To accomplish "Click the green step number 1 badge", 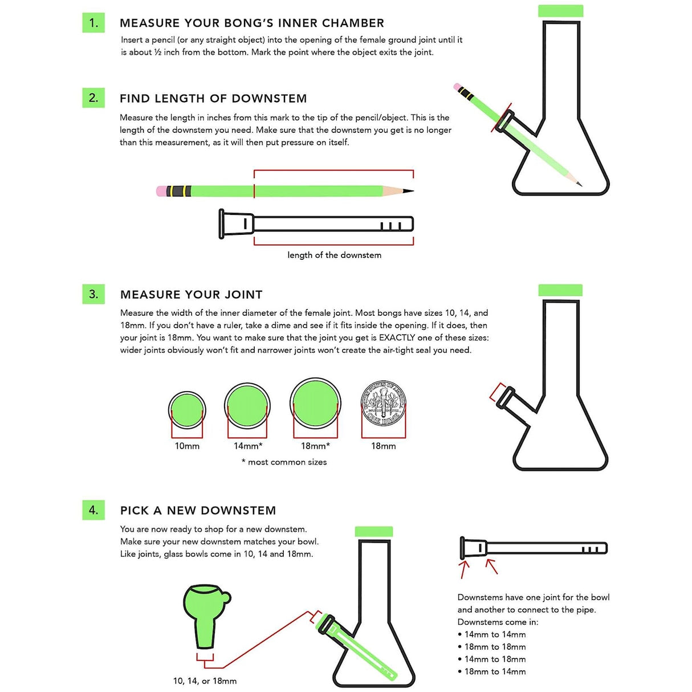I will click(93, 23).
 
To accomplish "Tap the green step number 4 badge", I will click(93, 510).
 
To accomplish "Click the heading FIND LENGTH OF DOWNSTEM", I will click(213, 99).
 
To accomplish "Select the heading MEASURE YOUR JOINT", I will click(192, 295).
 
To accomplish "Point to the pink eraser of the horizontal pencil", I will click(161, 191).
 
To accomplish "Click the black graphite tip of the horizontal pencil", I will click(408, 191).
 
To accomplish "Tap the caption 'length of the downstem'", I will click(334, 255).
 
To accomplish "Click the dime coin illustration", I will click(384, 404).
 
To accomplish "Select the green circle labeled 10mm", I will click(187, 409).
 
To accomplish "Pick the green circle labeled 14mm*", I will click(247, 406).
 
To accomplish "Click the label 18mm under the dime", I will click(383, 446).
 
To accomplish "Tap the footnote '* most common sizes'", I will click(284, 462).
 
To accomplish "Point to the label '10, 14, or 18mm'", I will click(205, 681).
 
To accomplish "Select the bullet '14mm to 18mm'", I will click(495, 660).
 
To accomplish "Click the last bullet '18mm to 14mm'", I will click(495, 672).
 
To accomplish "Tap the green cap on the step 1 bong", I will click(561, 11).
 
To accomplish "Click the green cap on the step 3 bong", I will click(560, 290).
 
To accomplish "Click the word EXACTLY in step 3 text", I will click(397, 338).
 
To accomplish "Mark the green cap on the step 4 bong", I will click(374, 532).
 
